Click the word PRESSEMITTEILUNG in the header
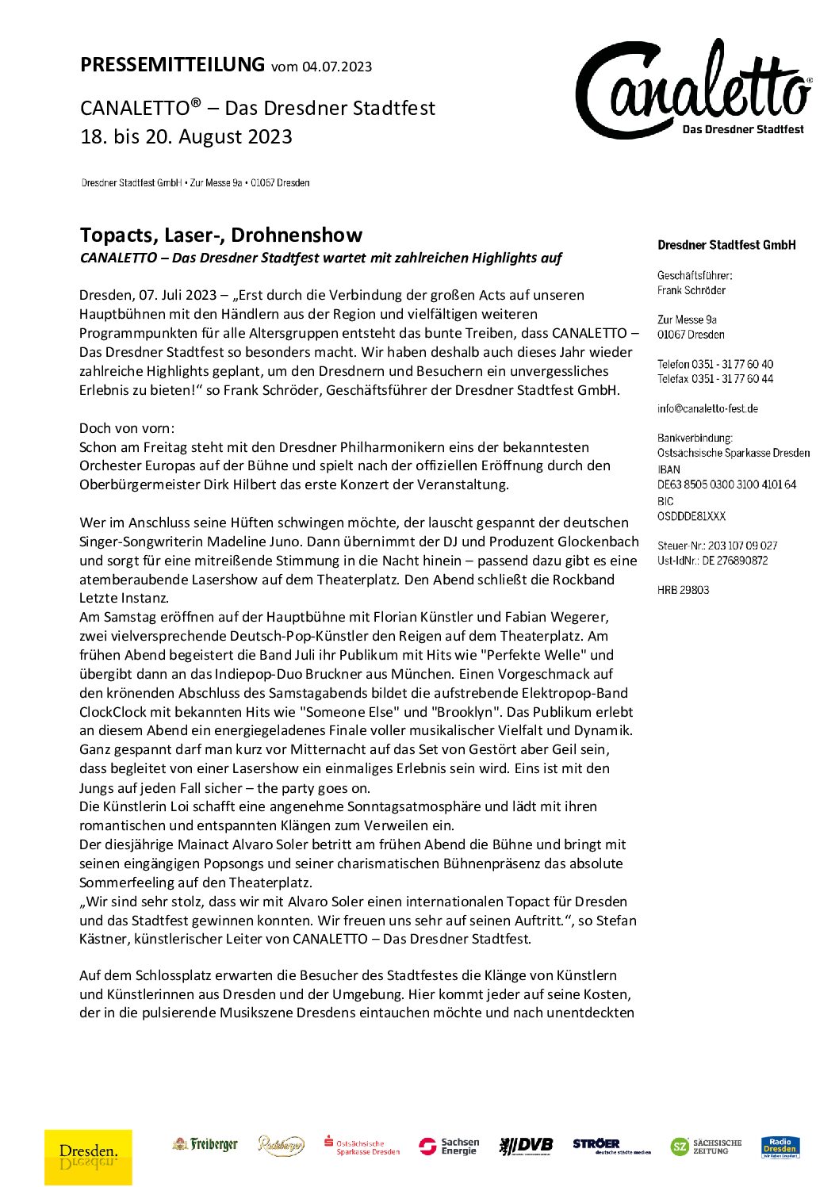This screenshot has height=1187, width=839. pyautogui.click(x=172, y=64)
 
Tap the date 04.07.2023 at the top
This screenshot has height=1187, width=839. pyautogui.click(x=336, y=67)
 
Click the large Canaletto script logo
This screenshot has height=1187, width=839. pyautogui.click(x=692, y=90)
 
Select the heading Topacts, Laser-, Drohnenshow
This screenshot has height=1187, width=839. pyautogui.click(x=221, y=235)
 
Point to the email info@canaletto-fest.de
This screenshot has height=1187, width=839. pyautogui.click(x=707, y=408)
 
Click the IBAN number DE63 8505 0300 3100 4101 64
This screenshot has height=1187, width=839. pyautogui.click(x=726, y=484)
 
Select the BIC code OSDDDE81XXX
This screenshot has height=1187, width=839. pyautogui.click(x=691, y=515)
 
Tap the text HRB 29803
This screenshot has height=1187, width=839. pyautogui.click(x=683, y=589)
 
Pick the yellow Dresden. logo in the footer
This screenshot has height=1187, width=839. pyautogui.click(x=88, y=1156)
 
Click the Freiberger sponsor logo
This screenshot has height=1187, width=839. pyautogui.click(x=205, y=1144)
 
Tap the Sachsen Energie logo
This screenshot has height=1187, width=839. pyautogui.click(x=450, y=1146)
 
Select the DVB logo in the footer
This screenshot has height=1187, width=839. pyautogui.click(x=526, y=1145)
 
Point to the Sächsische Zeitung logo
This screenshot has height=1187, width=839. pyautogui.click(x=707, y=1147)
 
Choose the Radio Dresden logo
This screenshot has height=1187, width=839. pyautogui.click(x=780, y=1147)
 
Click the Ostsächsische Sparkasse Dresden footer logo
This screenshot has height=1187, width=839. pyautogui.click(x=362, y=1146)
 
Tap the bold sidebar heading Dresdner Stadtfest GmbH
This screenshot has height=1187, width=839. pyautogui.click(x=726, y=245)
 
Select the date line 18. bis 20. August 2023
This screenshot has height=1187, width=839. pyautogui.click(x=186, y=136)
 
